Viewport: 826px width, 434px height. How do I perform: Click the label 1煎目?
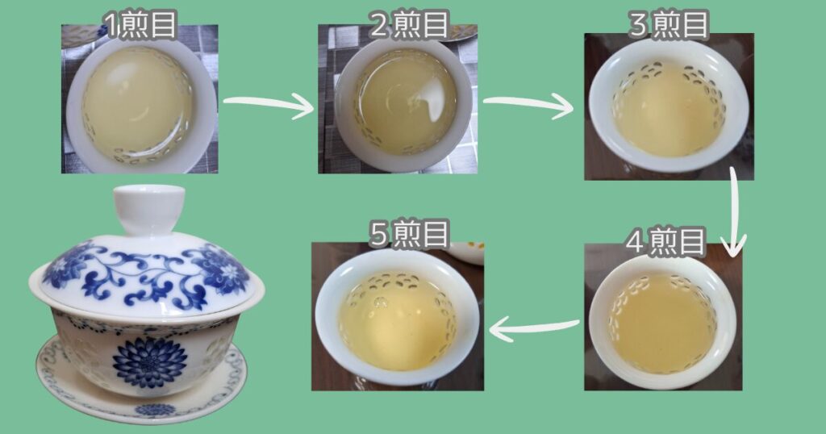140,25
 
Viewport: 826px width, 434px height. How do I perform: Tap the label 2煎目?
409,25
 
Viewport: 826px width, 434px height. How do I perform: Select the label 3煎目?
669,25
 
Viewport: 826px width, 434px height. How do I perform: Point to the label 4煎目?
665,241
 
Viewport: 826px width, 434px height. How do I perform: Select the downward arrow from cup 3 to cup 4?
734,211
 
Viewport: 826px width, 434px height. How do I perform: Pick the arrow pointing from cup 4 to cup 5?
534,328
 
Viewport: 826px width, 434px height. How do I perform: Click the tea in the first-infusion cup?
137,104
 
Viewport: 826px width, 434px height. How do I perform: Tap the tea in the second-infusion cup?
405,103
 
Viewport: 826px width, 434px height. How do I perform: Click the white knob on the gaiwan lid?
149,209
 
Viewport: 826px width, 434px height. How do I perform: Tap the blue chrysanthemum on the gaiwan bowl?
150,362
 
